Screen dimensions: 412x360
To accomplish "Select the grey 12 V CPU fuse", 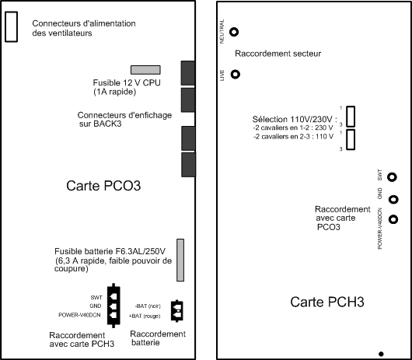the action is tap(145, 70).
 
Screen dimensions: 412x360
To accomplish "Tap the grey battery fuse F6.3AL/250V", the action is tap(180, 260).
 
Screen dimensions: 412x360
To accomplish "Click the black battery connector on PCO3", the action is tap(177, 311).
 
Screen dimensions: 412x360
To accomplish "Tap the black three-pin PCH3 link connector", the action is tap(113, 306).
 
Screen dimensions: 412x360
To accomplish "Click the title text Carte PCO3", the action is tap(103, 186).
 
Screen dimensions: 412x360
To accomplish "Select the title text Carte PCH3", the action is tap(327, 302).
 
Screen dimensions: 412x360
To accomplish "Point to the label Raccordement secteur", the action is tap(278, 54).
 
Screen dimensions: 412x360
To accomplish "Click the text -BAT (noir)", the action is tap(148, 306).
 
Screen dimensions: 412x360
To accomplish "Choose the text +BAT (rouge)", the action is tap(145, 316).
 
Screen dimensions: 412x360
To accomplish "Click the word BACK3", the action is tap(107, 124).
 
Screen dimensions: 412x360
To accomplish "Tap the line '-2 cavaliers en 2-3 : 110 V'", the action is tap(294, 137).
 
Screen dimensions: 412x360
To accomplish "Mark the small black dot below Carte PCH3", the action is tap(381, 354).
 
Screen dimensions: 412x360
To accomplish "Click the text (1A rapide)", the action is tap(115, 92).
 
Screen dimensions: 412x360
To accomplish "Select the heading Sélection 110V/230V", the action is tap(292, 119).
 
